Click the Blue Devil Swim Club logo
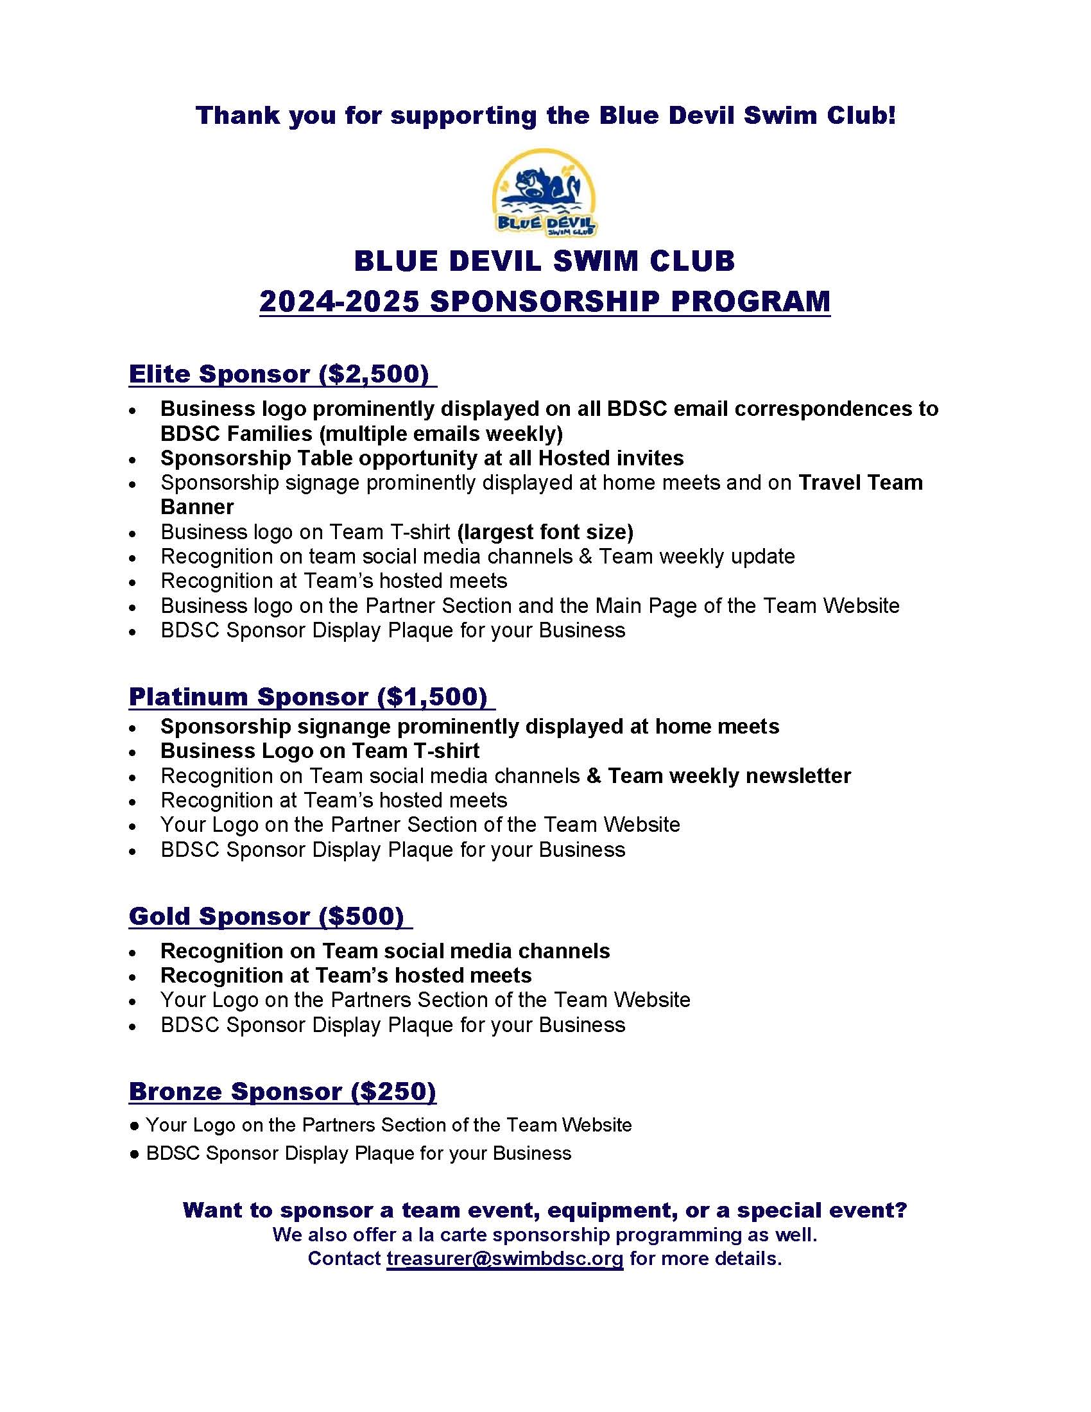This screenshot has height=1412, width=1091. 545,193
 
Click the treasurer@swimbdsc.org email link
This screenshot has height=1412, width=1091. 505,1259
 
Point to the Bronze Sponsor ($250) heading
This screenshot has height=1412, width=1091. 282,1090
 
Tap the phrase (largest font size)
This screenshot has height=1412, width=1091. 545,531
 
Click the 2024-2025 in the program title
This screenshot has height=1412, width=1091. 339,301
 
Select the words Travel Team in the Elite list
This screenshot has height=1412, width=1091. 860,482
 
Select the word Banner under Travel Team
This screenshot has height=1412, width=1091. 197,507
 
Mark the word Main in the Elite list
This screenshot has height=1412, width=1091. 619,605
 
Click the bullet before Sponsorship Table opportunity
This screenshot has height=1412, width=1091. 132,460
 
